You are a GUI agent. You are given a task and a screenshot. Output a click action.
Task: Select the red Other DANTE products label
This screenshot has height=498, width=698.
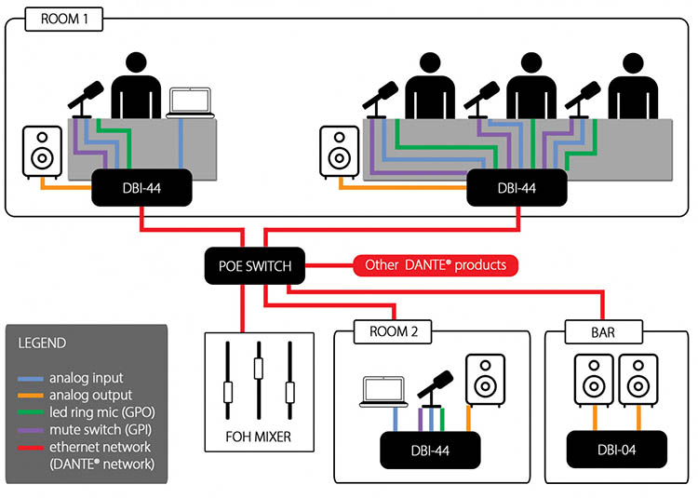click(x=436, y=265)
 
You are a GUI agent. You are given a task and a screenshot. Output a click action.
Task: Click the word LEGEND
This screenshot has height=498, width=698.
click(x=42, y=343)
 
